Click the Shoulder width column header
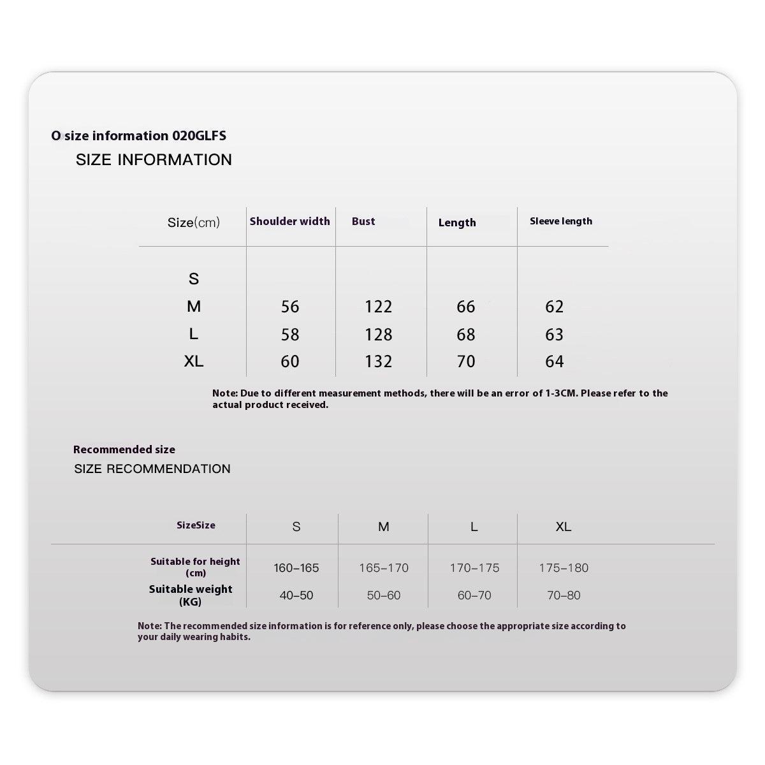(289, 221)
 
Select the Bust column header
(363, 221)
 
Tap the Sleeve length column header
(560, 221)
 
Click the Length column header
(457, 222)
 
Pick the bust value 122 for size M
(378, 307)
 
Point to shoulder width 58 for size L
(290, 335)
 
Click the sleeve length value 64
(554, 361)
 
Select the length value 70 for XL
(466, 361)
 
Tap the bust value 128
(378, 335)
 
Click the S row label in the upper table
(194, 279)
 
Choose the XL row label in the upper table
(194, 361)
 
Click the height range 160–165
(296, 567)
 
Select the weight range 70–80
(564, 595)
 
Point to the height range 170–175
(474, 567)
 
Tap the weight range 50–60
(384, 595)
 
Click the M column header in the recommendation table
(384, 527)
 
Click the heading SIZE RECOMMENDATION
(152, 469)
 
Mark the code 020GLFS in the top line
(199, 136)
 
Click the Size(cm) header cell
(193, 222)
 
